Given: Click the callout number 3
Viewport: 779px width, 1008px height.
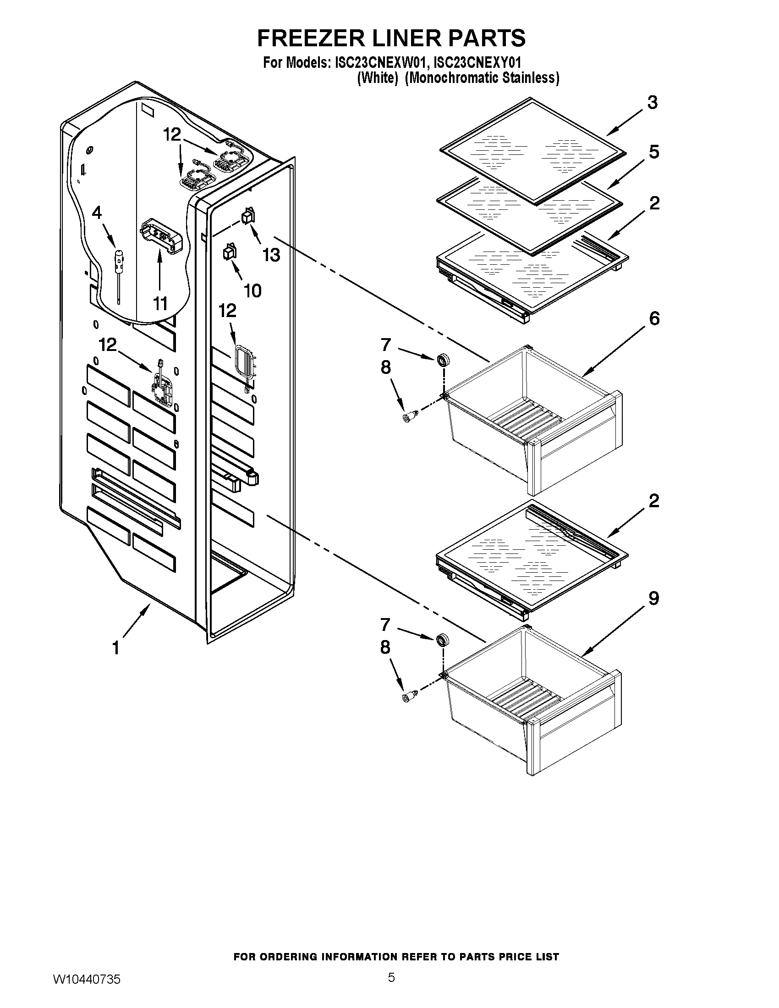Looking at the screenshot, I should click(652, 103).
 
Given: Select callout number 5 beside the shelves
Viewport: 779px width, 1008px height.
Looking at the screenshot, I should click(654, 152).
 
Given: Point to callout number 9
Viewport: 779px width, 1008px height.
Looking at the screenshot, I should click(654, 599).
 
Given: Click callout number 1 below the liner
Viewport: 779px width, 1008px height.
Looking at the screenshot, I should click(116, 648).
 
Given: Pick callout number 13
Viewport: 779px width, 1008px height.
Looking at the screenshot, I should click(271, 254).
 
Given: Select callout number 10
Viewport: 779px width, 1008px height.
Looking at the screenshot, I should click(252, 290).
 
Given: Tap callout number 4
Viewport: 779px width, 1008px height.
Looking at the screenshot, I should click(97, 213).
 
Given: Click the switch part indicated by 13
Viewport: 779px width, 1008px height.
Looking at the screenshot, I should click(249, 216).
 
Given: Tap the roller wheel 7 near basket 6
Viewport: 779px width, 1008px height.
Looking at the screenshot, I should click(444, 360).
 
